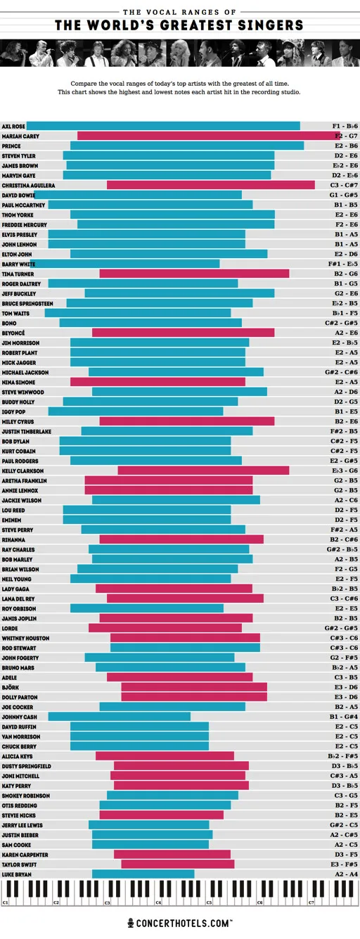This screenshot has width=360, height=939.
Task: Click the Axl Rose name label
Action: click(13, 127)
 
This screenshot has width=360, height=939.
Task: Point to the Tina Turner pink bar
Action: click(194, 274)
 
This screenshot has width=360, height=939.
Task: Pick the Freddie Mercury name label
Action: click(24, 225)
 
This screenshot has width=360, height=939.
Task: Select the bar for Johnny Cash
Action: click(119, 717)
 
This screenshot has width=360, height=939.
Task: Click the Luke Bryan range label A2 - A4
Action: click(346, 874)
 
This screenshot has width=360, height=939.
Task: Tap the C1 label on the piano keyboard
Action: click(6, 902)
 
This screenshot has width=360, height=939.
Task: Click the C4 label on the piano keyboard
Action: click(158, 902)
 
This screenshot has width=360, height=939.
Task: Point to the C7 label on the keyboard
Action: click(311, 902)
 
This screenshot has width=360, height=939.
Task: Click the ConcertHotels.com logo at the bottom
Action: click(180, 923)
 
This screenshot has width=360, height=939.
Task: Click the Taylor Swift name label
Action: click(19, 864)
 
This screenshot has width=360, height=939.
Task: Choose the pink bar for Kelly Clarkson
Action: click(203, 471)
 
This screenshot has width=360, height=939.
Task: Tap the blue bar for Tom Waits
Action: click(137, 314)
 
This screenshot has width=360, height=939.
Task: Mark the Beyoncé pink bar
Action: click(183, 333)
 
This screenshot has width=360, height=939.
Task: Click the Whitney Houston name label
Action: click(25, 638)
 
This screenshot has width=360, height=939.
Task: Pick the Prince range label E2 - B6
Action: click(346, 146)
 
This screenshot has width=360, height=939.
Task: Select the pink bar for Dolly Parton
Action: click(194, 697)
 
